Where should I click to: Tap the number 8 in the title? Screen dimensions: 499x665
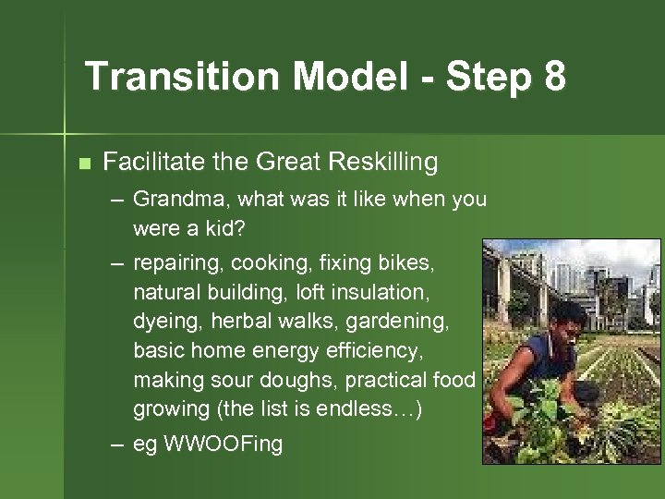tap(554, 77)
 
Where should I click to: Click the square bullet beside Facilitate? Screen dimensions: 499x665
tap(85, 164)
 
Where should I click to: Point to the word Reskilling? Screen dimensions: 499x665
tap(380, 163)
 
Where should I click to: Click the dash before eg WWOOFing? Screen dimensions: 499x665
tap(116, 444)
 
